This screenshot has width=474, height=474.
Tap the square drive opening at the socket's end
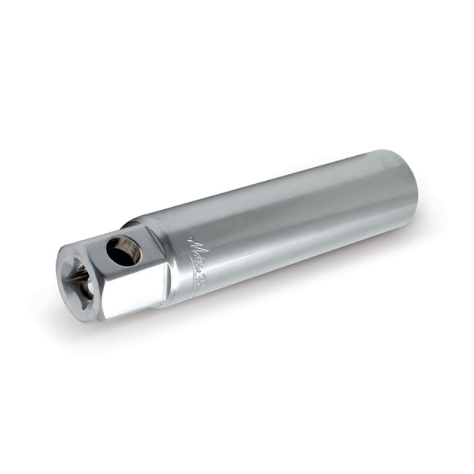tap(80, 282)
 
